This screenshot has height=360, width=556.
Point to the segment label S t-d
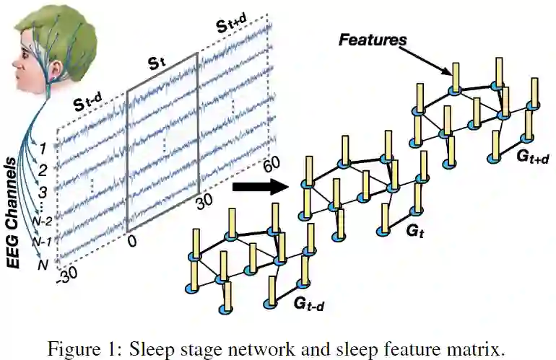pyautogui.click(x=91, y=106)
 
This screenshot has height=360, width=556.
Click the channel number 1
pyautogui.click(x=43, y=149)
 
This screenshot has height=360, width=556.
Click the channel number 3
pyautogui.click(x=43, y=191)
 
